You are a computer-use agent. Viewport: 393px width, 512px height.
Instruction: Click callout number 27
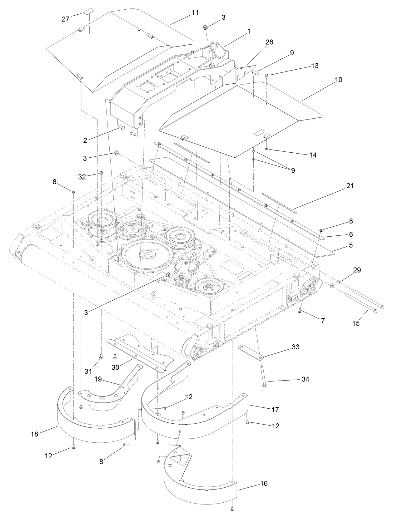65,19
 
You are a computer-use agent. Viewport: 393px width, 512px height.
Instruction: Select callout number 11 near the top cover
195,12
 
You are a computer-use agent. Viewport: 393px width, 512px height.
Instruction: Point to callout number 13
315,66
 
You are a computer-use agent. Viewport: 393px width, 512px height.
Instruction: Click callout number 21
350,186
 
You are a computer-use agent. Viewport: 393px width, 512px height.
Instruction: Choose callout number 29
357,270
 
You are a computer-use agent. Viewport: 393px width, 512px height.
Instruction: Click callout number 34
305,379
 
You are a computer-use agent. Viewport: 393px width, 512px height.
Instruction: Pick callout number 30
116,367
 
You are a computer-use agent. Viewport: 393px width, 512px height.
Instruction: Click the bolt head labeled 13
266,76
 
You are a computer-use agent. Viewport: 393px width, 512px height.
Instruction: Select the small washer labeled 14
266,149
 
